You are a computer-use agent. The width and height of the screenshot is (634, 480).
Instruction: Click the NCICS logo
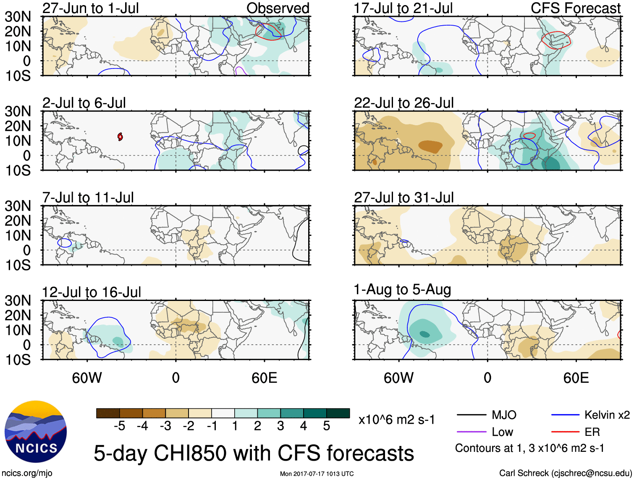point(36,432)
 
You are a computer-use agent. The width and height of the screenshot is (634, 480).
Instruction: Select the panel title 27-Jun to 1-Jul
point(90,8)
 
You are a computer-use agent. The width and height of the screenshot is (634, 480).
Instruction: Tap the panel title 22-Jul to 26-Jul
point(404,103)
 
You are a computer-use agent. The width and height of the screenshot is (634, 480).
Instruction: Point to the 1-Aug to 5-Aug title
point(402,290)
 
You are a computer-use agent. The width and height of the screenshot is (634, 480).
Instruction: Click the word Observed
point(278,8)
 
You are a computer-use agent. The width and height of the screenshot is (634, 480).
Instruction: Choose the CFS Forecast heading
point(575,8)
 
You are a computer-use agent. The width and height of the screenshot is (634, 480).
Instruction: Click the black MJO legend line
point(471,415)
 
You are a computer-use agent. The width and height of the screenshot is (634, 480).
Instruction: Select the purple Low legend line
point(471,432)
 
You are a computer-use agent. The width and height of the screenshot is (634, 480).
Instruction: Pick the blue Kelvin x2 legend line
point(565,415)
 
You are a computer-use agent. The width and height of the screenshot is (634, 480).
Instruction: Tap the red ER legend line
point(565,432)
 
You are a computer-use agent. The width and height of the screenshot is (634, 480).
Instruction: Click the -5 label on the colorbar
point(119,426)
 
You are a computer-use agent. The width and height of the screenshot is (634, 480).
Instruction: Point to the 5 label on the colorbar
point(326,426)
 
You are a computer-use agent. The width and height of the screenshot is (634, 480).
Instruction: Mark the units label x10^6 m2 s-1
point(396,419)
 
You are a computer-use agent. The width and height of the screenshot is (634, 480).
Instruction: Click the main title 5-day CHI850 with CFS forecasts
point(254,454)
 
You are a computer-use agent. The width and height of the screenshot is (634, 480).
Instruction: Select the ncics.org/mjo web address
point(27,473)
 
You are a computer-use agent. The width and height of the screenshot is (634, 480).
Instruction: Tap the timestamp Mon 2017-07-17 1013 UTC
point(317,474)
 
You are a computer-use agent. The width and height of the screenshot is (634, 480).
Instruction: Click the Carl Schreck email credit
point(565,473)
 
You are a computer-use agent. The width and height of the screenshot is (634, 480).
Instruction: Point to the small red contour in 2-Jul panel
point(120,137)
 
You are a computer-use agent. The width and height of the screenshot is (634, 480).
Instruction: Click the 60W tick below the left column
point(87,378)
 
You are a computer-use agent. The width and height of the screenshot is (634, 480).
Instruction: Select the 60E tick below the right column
point(576,378)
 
